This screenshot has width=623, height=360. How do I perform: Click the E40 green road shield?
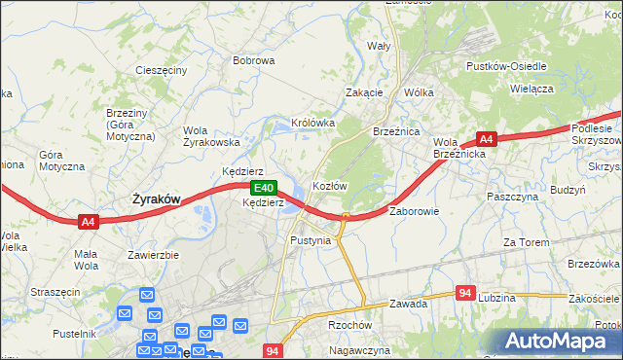(262, 188)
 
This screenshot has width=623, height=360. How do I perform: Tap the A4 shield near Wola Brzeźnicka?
(487, 140)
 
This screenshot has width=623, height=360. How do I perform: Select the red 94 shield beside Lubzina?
(466, 292)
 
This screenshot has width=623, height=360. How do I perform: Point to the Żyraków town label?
(156, 198)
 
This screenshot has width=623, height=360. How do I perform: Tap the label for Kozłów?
(329, 185)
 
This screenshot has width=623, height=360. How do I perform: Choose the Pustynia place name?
(311, 239)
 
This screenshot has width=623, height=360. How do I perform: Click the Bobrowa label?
(253, 60)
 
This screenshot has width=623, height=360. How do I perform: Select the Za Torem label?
(525, 241)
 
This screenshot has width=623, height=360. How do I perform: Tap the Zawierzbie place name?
(153, 256)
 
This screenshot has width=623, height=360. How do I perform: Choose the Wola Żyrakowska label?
(211, 136)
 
